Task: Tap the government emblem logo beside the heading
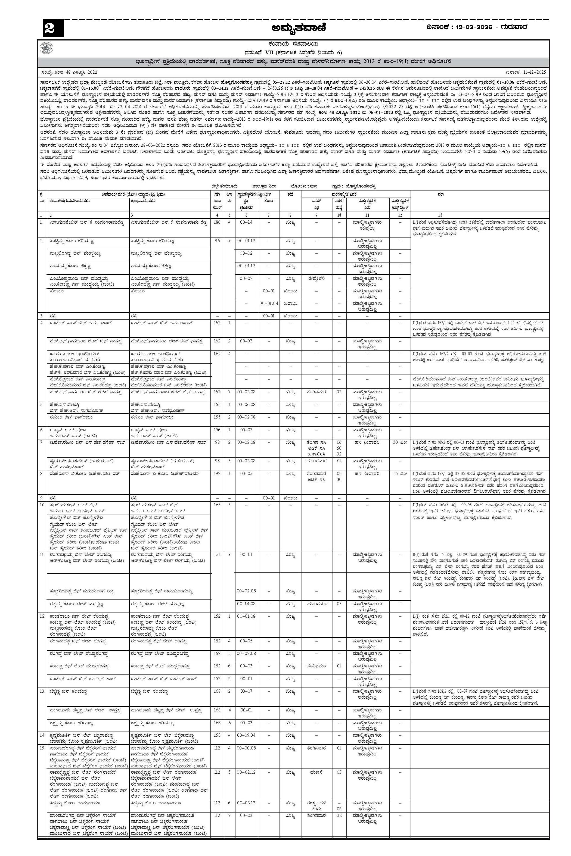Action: (46, 48)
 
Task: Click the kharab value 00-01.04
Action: (268, 303)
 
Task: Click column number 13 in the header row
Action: (441, 215)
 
